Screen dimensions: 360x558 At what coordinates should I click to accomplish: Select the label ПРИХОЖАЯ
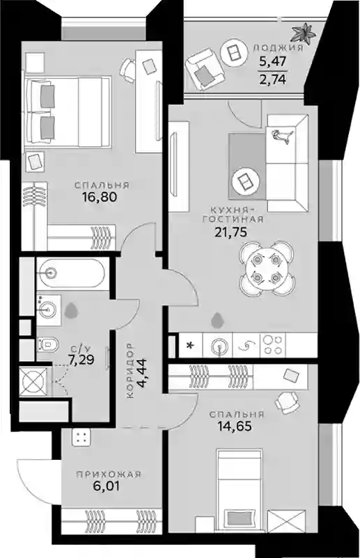(x=109, y=475)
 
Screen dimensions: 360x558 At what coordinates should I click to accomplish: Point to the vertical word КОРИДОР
(x=130, y=370)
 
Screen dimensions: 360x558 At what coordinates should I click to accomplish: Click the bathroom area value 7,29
(x=81, y=360)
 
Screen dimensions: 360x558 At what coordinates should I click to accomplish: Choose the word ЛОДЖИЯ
(x=278, y=48)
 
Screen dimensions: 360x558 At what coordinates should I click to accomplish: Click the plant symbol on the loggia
(x=303, y=33)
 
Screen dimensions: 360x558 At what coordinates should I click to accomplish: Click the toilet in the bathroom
(x=48, y=344)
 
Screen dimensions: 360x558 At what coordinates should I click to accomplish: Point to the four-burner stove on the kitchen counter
(x=273, y=344)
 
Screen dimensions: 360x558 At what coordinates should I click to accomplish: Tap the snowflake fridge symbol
(x=191, y=345)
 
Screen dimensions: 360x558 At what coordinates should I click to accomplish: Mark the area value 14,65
(x=235, y=426)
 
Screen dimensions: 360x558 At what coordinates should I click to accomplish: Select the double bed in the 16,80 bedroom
(x=68, y=111)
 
